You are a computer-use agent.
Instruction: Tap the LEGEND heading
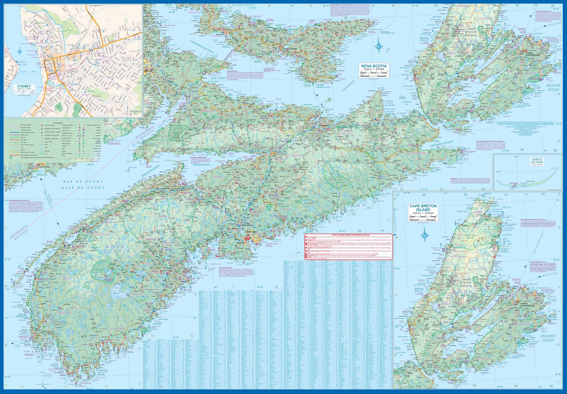tap(58, 123)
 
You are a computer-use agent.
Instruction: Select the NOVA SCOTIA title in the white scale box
tap(374, 66)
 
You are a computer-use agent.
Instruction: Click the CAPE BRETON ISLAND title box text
tap(423, 208)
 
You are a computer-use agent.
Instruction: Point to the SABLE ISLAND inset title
tap(537, 161)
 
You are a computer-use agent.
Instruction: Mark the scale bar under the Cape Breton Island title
tap(423, 217)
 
